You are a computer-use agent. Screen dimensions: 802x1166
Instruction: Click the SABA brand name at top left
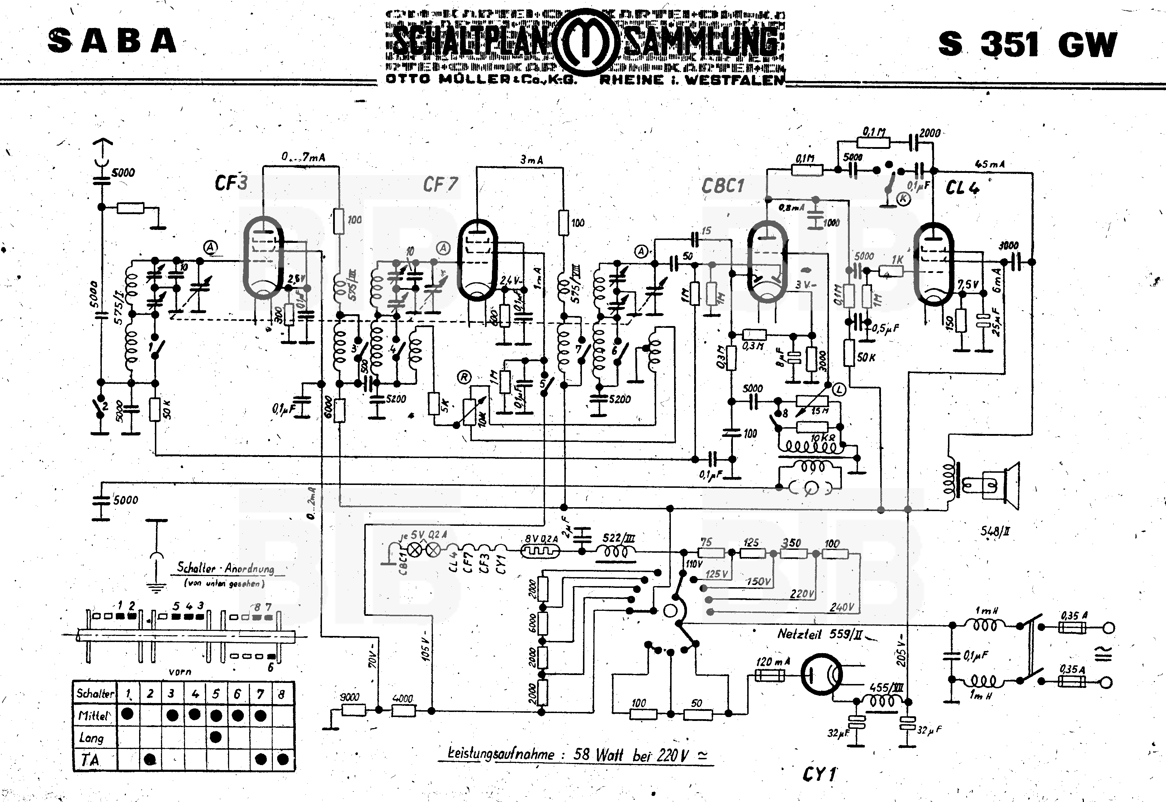pyautogui.click(x=113, y=41)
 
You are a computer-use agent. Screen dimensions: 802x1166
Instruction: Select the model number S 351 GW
pyautogui.click(x=1027, y=44)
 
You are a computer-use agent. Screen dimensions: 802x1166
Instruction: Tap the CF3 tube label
pyautogui.click(x=231, y=183)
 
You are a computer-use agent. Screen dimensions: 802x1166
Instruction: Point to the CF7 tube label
pyautogui.click(x=440, y=185)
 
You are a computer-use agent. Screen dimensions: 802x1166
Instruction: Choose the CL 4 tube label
pyautogui.click(x=962, y=188)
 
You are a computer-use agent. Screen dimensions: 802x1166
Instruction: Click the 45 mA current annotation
pyautogui.click(x=990, y=164)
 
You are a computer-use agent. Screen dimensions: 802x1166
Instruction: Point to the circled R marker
pyautogui.click(x=465, y=377)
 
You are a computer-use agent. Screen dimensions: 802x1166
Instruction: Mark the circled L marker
pyautogui.click(x=839, y=388)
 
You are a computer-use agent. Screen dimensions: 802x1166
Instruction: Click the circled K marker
pyautogui.click(x=903, y=199)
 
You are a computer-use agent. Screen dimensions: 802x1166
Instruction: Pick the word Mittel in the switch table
pyautogui.click(x=94, y=715)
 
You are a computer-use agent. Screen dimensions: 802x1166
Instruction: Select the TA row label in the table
pyautogui.click(x=90, y=760)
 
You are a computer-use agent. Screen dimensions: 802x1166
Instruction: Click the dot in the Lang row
pyautogui.click(x=215, y=737)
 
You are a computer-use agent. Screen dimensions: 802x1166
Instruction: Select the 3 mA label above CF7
pyautogui.click(x=531, y=160)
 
